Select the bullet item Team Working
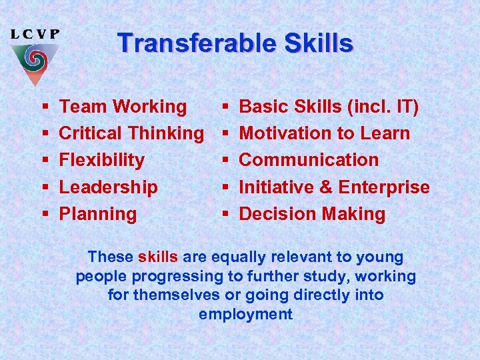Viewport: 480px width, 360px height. click(123, 107)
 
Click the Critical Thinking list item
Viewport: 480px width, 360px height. click(131, 133)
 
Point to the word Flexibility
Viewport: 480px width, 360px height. click(102, 160)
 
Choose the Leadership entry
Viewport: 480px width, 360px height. click(109, 187)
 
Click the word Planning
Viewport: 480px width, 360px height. click(98, 214)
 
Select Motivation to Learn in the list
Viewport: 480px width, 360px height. click(325, 133)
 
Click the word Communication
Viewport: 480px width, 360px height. click(309, 160)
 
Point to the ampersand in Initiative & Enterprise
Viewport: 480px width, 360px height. click(326, 187)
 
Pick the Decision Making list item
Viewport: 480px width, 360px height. click(312, 214)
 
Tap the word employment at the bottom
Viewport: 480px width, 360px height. click(245, 315)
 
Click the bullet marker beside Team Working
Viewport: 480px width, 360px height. click(44, 107)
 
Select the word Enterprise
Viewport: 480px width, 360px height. click(384, 187)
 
